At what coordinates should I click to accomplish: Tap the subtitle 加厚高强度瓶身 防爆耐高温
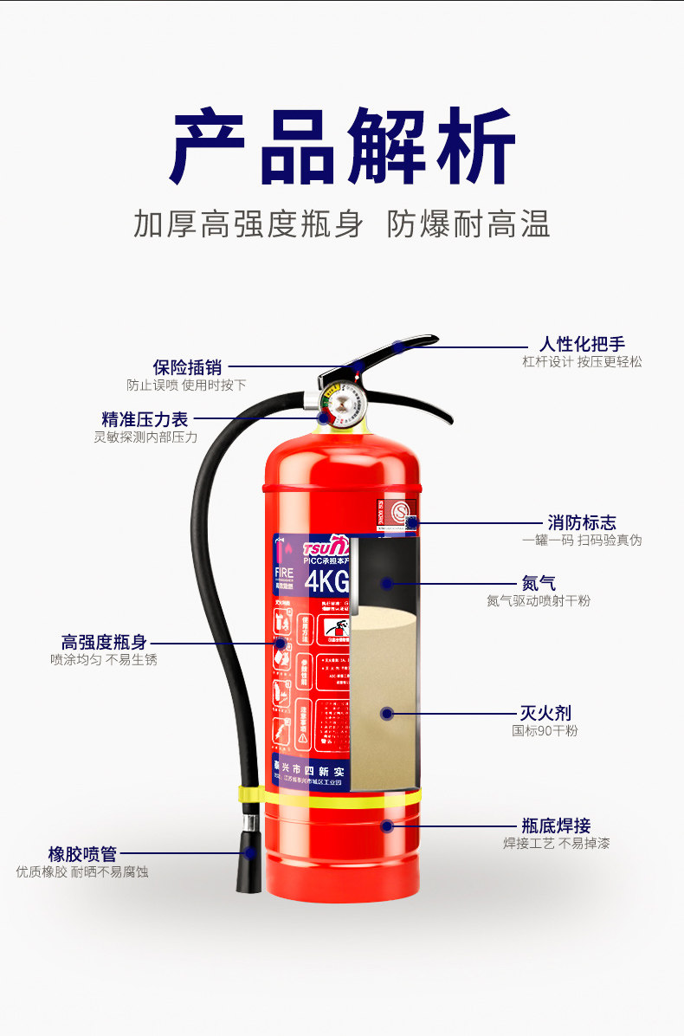click(x=343, y=223)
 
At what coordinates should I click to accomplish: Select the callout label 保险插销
click(x=187, y=367)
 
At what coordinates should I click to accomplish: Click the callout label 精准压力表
click(x=145, y=420)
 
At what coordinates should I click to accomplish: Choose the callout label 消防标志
click(x=581, y=522)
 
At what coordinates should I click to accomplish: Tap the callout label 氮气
click(x=539, y=583)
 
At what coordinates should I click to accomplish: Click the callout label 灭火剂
click(x=545, y=713)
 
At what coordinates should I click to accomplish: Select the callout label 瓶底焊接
click(x=556, y=826)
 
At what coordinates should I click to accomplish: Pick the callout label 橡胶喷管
click(x=82, y=854)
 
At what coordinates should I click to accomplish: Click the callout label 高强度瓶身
click(x=104, y=642)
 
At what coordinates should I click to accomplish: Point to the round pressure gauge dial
click(x=339, y=402)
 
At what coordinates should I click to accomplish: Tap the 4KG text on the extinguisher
click(x=326, y=581)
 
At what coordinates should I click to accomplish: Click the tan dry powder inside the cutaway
click(x=381, y=693)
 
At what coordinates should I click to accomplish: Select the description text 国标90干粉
click(x=545, y=730)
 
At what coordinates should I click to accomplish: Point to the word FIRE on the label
click(x=284, y=573)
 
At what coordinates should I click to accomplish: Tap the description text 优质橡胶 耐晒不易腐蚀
click(x=82, y=871)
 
